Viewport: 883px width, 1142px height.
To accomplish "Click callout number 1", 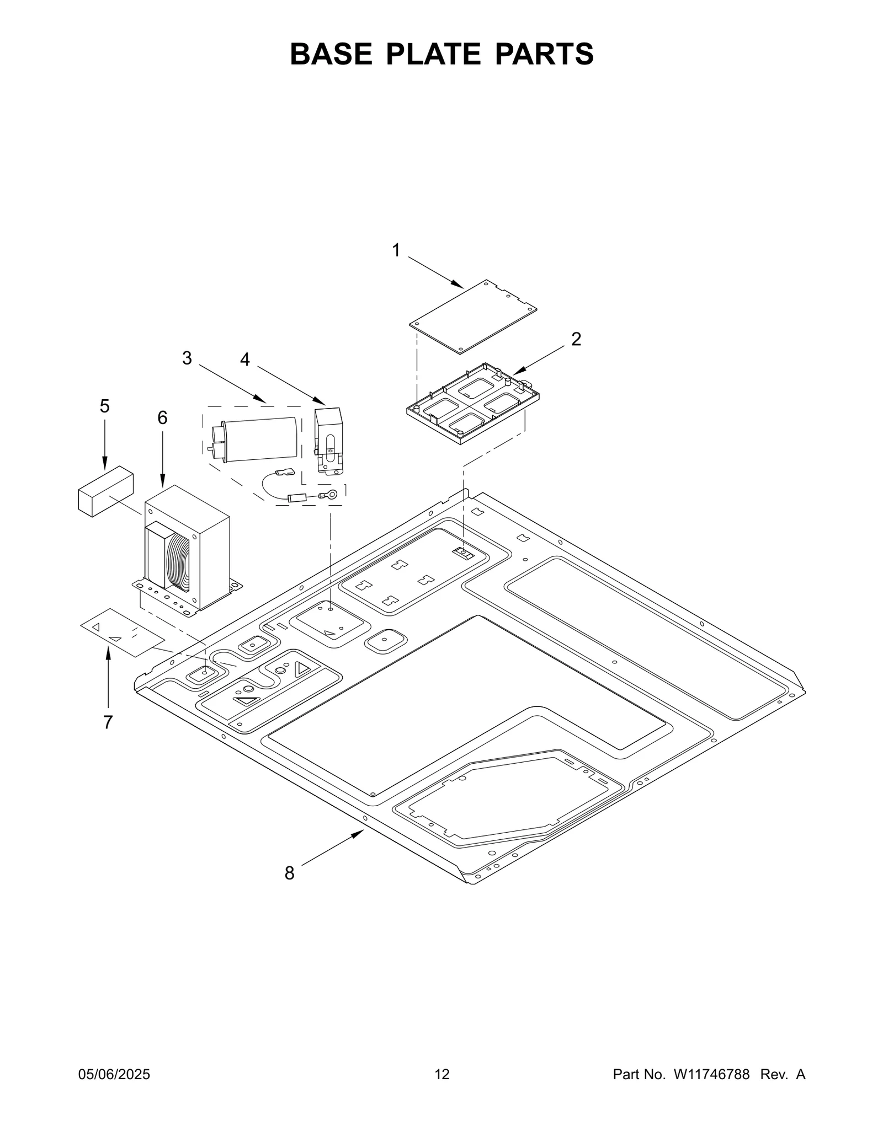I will [396, 251].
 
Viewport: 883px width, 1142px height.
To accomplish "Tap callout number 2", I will [576, 339].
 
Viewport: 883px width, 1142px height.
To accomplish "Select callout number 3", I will [187, 358].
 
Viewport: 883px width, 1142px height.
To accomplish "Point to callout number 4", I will [244, 360].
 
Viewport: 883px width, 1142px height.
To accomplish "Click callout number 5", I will [104, 406].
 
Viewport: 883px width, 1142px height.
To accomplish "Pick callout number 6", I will [162, 418].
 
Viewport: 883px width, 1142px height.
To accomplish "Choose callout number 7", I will [108, 722].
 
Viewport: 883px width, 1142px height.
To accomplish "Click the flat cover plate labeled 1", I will [473, 316].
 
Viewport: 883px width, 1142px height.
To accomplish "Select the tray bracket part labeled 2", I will [472, 406].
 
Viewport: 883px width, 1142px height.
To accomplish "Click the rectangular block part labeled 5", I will [105, 491].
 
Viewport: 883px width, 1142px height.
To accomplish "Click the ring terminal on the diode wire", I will [331, 495].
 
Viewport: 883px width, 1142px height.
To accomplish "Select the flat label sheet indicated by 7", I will [123, 632].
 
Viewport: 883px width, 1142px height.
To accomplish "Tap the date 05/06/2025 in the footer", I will [114, 1074].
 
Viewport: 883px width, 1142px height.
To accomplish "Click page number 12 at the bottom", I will [441, 1074].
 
